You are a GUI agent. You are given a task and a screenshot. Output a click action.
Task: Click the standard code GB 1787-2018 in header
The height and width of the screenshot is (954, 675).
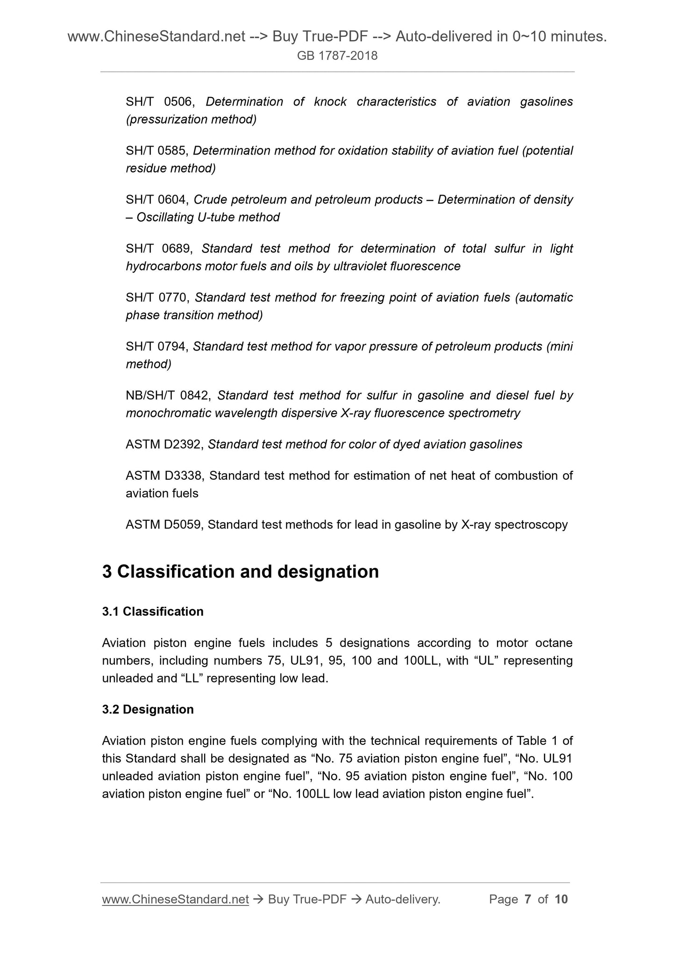point(337,56)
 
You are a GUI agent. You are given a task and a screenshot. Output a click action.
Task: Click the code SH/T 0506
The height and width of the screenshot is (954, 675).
point(157,102)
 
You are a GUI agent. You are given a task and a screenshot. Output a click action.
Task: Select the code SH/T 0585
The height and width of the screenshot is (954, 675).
point(156,151)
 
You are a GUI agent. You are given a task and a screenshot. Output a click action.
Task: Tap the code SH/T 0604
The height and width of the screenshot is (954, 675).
point(156,200)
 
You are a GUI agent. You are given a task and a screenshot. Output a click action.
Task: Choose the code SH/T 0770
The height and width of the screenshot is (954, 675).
point(156,298)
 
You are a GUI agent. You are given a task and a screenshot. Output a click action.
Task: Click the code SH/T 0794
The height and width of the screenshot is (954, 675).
point(156,347)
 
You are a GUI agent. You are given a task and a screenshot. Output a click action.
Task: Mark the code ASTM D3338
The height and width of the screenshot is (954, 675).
point(164,476)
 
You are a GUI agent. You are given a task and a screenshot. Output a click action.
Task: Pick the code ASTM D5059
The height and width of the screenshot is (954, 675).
point(164,525)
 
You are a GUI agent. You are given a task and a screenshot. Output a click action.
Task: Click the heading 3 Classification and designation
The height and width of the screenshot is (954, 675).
point(240,572)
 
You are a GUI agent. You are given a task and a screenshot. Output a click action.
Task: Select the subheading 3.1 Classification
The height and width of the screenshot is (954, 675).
point(153,611)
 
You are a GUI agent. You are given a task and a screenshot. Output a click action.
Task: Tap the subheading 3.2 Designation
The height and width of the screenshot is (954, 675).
point(148,709)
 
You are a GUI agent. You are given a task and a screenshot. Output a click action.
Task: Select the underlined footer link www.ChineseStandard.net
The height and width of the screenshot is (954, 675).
point(175,899)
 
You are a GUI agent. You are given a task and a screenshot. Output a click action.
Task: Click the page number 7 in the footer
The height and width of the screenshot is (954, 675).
point(528,899)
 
